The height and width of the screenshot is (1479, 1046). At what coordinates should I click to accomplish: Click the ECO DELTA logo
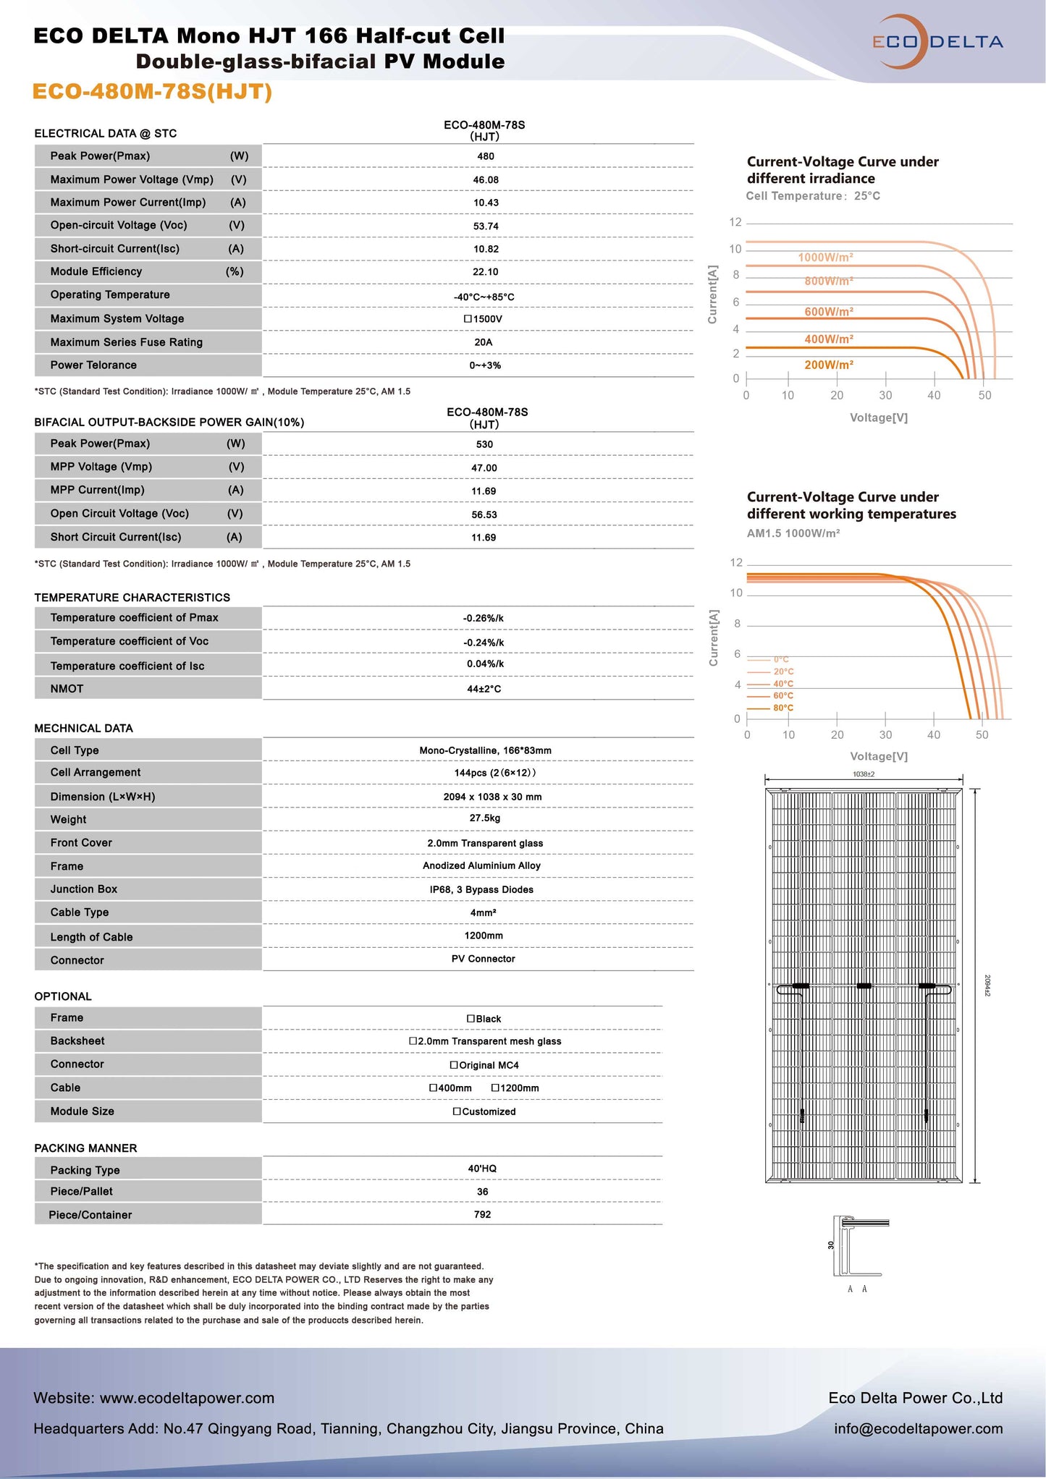click(937, 42)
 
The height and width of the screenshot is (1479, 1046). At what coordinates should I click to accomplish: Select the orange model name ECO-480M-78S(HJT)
click(153, 92)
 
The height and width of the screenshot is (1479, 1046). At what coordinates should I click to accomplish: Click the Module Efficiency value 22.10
click(485, 272)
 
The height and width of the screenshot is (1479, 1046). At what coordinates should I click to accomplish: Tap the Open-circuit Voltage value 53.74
click(485, 226)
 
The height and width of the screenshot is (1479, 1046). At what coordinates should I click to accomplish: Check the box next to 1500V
click(468, 319)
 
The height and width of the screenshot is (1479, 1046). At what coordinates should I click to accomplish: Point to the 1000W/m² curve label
click(825, 258)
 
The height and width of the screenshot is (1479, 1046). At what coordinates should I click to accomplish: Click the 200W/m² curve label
click(828, 365)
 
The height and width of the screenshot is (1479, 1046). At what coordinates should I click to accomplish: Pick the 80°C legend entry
click(783, 708)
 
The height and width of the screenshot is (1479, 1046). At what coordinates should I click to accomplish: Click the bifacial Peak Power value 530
click(484, 444)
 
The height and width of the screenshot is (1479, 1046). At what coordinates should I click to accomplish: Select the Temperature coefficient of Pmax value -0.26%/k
click(483, 618)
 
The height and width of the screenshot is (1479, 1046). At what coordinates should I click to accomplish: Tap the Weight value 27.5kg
click(484, 818)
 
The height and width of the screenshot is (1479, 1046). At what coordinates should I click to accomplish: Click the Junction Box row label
click(83, 889)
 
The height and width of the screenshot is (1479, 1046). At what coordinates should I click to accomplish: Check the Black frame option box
click(471, 1019)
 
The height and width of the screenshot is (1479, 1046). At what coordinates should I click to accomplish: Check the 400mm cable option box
click(433, 1088)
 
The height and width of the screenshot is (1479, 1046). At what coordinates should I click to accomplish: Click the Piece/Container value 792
click(482, 1215)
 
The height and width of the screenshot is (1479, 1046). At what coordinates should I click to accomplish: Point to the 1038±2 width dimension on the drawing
click(863, 774)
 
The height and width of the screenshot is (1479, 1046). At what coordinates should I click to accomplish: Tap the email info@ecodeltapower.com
click(918, 1428)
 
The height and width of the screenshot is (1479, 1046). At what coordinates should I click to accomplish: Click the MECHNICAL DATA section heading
click(83, 728)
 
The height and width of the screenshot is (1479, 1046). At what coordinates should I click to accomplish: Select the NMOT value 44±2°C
click(484, 689)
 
